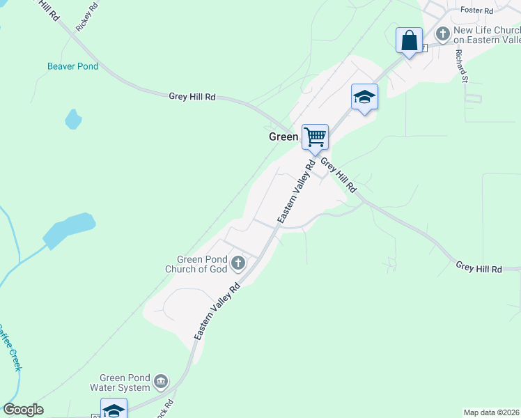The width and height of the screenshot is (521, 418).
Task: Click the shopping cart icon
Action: pyautogui.click(x=315, y=136)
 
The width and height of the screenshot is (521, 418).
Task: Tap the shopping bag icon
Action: pyautogui.click(x=410, y=39)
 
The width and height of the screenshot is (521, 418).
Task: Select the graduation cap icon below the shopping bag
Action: pyautogui.click(x=364, y=96)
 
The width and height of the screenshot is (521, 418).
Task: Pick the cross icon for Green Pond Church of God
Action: pyautogui.click(x=238, y=263)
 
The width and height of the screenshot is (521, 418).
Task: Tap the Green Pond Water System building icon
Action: pyautogui.click(x=161, y=381)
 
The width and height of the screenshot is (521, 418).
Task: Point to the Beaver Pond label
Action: pyautogui.click(x=73, y=67)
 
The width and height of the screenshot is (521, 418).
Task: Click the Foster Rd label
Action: pyautogui.click(x=477, y=10)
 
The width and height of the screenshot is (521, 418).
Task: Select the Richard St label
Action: pyautogui.click(x=460, y=66)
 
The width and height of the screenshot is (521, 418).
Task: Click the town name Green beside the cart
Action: pyautogui.click(x=283, y=137)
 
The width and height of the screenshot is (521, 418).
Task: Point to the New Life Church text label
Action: pyautogui.click(x=487, y=35)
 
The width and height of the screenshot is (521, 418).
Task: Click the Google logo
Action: pyautogui.click(x=24, y=410)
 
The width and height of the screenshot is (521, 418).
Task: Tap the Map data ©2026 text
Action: pyautogui.click(x=491, y=412)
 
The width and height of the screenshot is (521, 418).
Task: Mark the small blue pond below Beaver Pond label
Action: pyautogui.click(x=73, y=119)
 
